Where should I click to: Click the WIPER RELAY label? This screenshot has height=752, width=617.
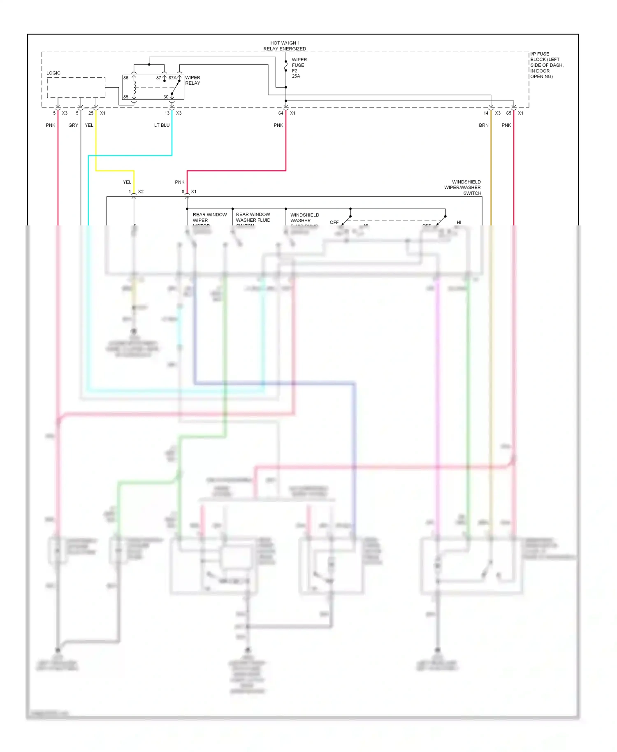pos(193,80)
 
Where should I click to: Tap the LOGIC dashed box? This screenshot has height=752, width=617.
pos(76,87)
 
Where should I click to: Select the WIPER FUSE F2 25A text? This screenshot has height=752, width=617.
pos(299,68)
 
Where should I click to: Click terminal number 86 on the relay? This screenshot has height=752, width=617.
pos(126,78)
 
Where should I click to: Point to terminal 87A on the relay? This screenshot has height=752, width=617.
pos(172,78)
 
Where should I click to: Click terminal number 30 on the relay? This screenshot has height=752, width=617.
pos(166,97)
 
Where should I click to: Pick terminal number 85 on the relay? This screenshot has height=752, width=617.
pos(126,97)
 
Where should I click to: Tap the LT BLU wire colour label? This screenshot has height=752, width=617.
pos(162,125)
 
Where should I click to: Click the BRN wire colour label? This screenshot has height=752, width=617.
pos(483,125)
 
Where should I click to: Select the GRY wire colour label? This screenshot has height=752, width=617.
pos(73,125)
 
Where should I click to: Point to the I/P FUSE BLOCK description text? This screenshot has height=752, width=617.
pos(546,65)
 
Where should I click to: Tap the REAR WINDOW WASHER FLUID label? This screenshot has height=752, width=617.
pos(253,217)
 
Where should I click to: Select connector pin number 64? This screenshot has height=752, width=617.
pos(281,113)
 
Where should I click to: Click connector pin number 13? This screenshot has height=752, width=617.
pos(167,113)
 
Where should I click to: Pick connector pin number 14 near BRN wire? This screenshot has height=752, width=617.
pos(486,113)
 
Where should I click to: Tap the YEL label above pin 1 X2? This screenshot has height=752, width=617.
pos(127,182)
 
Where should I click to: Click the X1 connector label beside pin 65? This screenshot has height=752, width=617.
pos(520,113)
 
